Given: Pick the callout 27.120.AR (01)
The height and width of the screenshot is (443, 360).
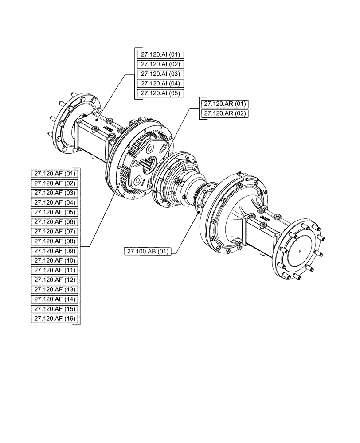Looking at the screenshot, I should (x=225, y=104).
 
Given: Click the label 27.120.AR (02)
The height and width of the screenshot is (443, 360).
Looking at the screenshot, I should (x=225, y=114).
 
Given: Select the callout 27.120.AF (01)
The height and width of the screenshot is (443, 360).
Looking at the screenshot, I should (x=55, y=173).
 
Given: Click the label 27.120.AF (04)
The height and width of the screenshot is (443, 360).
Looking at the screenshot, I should (x=55, y=202).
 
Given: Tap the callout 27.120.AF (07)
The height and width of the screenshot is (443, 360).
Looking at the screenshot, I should (x=55, y=232).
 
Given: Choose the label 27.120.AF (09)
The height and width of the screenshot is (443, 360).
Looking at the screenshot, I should (x=55, y=251).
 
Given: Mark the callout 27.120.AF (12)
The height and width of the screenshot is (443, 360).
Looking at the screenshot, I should (x=55, y=280).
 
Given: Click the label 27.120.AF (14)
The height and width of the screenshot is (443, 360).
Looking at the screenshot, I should (x=55, y=299).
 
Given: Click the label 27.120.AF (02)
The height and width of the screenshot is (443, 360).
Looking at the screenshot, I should (x=55, y=183).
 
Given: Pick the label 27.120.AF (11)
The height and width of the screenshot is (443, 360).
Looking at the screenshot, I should (x=55, y=270).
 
